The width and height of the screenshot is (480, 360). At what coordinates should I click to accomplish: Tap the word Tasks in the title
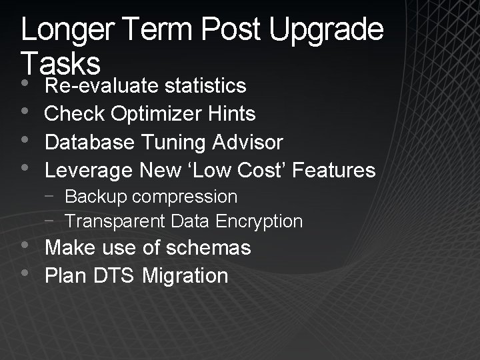(61, 64)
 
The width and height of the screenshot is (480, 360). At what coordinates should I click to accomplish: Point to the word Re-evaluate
(101, 86)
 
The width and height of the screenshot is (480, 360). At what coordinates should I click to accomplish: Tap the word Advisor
(247, 142)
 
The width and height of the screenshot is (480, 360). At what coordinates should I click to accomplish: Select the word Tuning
(176, 142)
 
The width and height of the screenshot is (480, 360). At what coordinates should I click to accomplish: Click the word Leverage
(89, 171)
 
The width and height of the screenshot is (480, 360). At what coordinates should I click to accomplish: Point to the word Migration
(185, 276)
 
